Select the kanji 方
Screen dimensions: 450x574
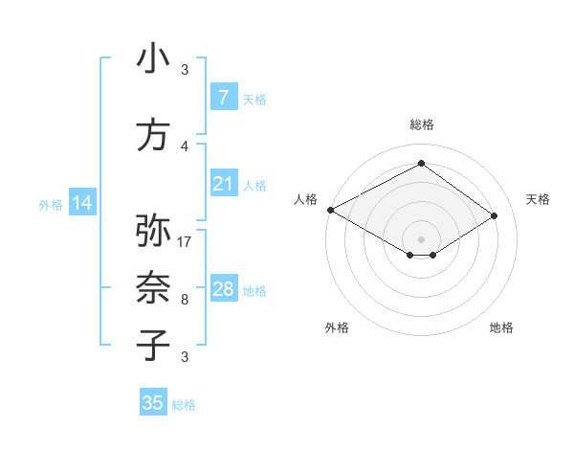click(153, 135)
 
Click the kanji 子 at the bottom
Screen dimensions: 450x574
click(153, 345)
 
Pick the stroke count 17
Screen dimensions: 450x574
click(185, 241)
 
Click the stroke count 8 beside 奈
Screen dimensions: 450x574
click(185, 300)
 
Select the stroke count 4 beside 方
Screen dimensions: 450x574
click(185, 146)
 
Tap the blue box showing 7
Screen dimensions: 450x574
click(223, 98)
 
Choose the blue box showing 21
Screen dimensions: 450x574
click(223, 184)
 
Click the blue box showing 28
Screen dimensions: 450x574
click(223, 289)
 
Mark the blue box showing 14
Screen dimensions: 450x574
click(81, 203)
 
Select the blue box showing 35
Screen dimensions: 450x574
click(152, 403)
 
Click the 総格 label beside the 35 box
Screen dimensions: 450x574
click(185, 405)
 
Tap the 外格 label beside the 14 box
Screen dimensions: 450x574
click(51, 204)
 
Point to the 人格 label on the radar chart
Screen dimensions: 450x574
click(305, 198)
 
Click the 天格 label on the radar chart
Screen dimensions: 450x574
click(538, 198)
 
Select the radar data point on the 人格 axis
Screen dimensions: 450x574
click(330, 210)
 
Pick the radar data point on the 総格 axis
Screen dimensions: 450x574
click(421, 164)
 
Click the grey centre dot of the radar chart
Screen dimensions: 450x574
click(421, 237)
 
